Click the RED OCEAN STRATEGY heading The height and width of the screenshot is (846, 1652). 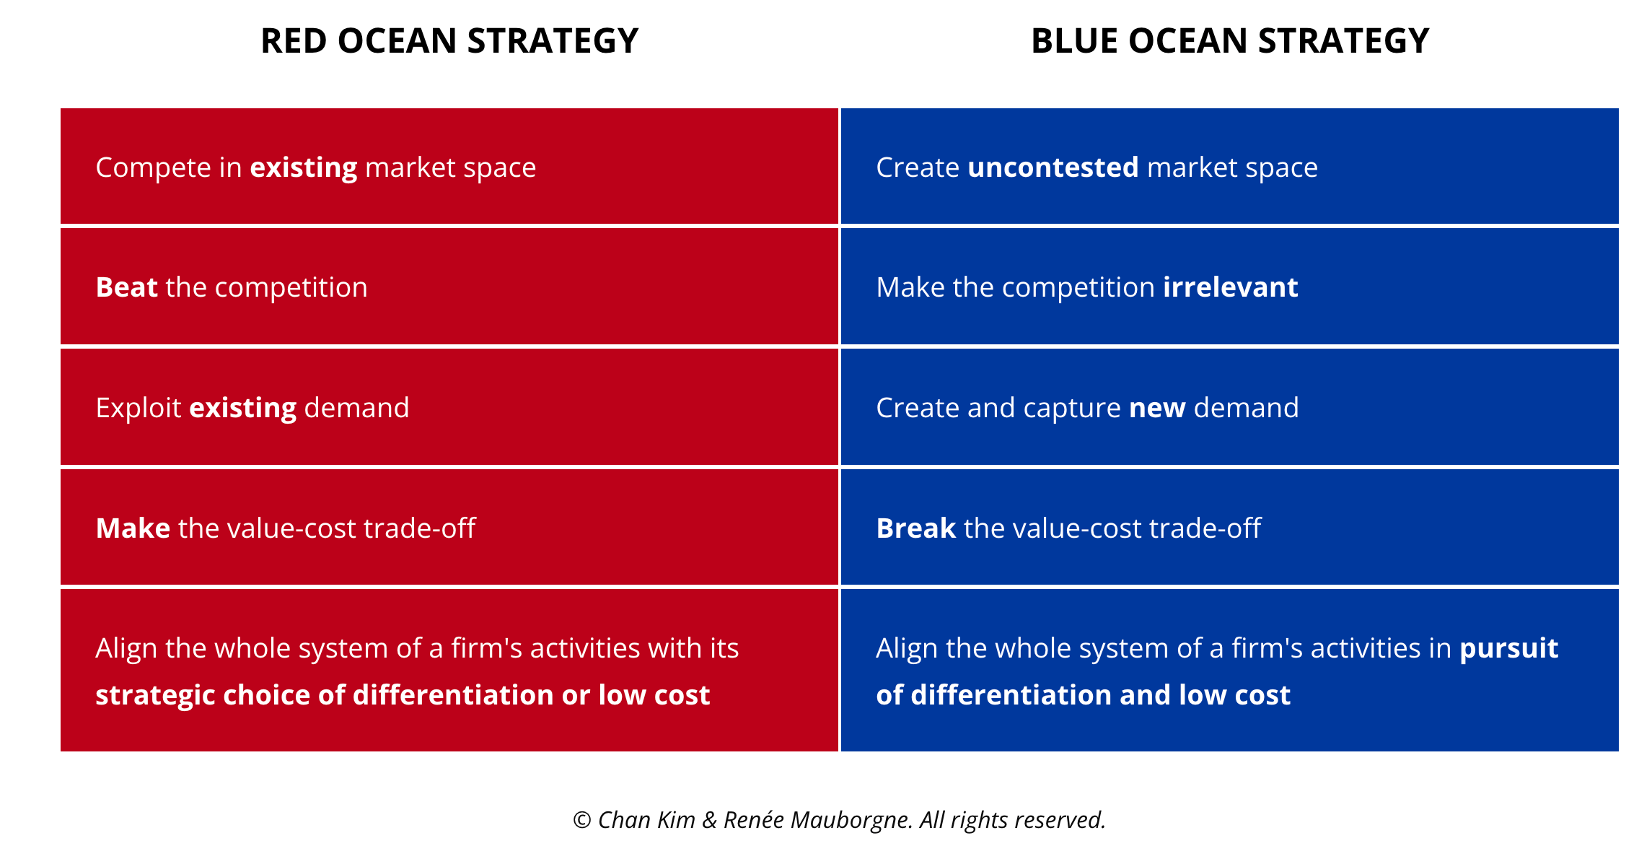coord(449,40)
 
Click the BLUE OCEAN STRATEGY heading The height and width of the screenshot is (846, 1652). coord(1230,40)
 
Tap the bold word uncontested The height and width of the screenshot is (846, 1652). coord(1053,167)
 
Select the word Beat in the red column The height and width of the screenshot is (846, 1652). coord(127,287)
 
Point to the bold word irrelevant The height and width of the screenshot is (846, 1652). coord(1231,287)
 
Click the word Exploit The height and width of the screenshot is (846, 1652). coord(139,409)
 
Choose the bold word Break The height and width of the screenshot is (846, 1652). coord(916,528)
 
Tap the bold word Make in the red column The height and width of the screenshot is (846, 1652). coord(133,528)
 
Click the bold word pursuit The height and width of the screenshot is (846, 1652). coord(1509,649)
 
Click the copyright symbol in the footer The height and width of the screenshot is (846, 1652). coord(582,820)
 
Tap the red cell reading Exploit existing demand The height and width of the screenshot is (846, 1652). coord(449,407)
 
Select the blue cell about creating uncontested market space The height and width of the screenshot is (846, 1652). coord(1230,166)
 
